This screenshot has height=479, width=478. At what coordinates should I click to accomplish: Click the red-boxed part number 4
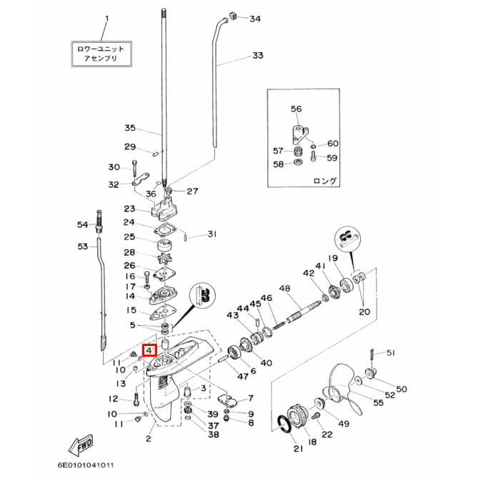pos(149,350)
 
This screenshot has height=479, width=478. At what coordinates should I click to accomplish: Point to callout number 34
pos(255,19)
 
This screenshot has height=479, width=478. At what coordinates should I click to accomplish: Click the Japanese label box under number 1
pos(101,54)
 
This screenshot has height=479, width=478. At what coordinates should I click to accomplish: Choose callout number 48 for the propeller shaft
pos(284,288)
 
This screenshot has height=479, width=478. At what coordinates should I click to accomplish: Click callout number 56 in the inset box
pos(297,109)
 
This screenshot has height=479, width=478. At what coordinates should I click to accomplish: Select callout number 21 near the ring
pos(297,449)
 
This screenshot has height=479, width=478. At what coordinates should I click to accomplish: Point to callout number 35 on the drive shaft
pos(129,129)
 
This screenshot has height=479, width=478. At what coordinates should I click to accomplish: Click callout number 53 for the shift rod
pos(83,247)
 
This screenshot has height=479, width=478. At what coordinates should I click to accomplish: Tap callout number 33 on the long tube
pos(257,55)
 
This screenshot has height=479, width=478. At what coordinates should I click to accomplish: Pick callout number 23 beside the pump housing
pos(129,209)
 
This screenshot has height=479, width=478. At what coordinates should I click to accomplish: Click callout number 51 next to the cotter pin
pos(390,353)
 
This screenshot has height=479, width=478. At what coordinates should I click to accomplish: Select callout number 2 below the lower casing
pos(148,438)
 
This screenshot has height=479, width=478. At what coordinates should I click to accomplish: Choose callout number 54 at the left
pos(83,224)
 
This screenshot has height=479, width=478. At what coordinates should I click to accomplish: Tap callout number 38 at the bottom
pos(213,434)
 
